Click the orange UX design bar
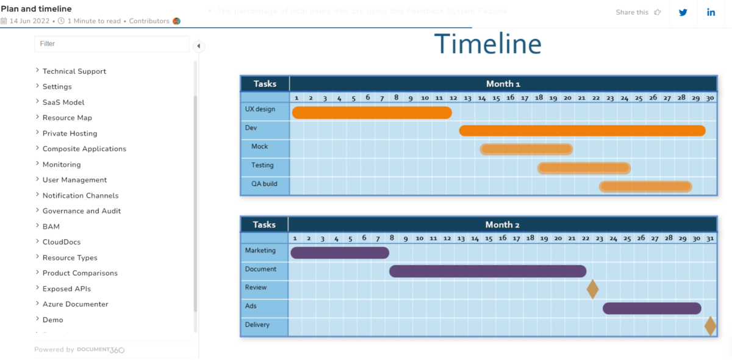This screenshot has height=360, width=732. [371, 112]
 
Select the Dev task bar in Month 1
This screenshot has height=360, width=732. [582, 131]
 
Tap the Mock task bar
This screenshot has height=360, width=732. [526, 149]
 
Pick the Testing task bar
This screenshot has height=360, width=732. [584, 168]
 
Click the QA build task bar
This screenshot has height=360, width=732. [645, 186]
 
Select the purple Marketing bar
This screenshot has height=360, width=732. [340, 253]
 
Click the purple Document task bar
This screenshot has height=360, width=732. [487, 271]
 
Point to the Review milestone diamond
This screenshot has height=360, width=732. [592, 289]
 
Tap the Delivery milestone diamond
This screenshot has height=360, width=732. [710, 326]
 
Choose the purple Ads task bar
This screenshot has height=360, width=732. [651, 308]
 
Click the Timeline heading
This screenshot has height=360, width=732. [487, 44]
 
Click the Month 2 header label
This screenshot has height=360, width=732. [502, 225]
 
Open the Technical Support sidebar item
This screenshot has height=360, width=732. [74, 71]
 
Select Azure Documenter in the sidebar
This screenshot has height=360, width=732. [75, 304]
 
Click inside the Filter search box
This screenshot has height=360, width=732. [112, 44]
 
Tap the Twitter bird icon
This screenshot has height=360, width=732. [683, 12]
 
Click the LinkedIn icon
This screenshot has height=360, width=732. [711, 12]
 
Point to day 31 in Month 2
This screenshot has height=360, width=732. [709, 238]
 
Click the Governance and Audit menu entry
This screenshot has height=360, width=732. [82, 211]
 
